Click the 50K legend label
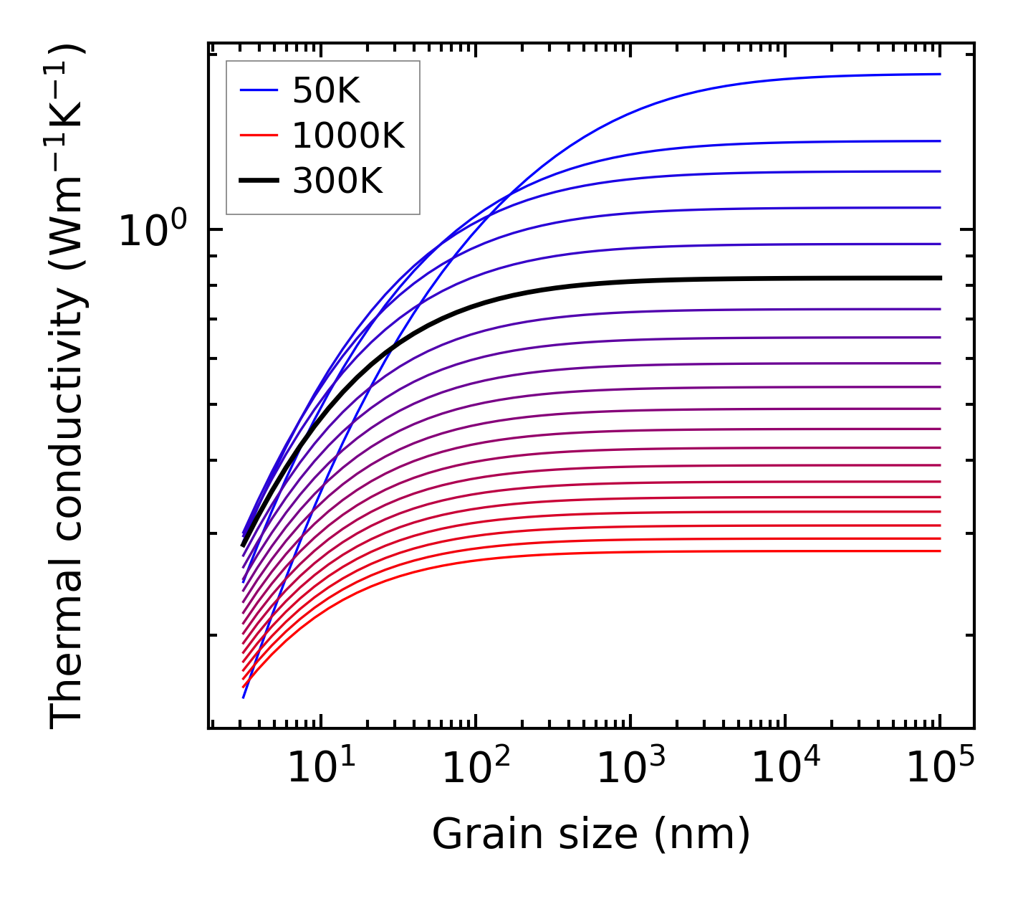pyautogui.click(x=326, y=90)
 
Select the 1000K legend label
pyautogui.click(x=348, y=135)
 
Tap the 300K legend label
pyautogui.click(x=337, y=181)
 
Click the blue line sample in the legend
pyautogui.click(x=259, y=90)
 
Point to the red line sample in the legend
pyautogui.click(x=259, y=135)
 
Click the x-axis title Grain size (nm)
pyautogui.click(x=591, y=834)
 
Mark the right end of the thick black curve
pyautogui.click(x=939, y=277)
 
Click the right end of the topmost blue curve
pyautogui.click(x=939, y=74)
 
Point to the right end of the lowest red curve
pyautogui.click(x=939, y=551)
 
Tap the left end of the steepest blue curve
pyautogui.click(x=244, y=696)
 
